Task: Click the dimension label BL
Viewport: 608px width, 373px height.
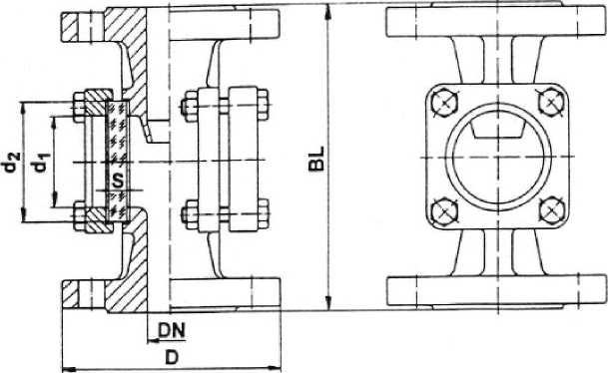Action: (316, 159)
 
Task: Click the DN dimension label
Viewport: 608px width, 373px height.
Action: (173, 330)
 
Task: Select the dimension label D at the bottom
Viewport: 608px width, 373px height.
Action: (172, 357)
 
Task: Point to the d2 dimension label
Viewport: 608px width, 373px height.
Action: (12, 162)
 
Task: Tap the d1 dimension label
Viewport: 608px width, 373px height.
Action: (41, 162)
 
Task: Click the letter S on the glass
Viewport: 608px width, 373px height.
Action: (118, 180)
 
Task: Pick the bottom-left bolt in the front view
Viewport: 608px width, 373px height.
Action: (444, 211)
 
